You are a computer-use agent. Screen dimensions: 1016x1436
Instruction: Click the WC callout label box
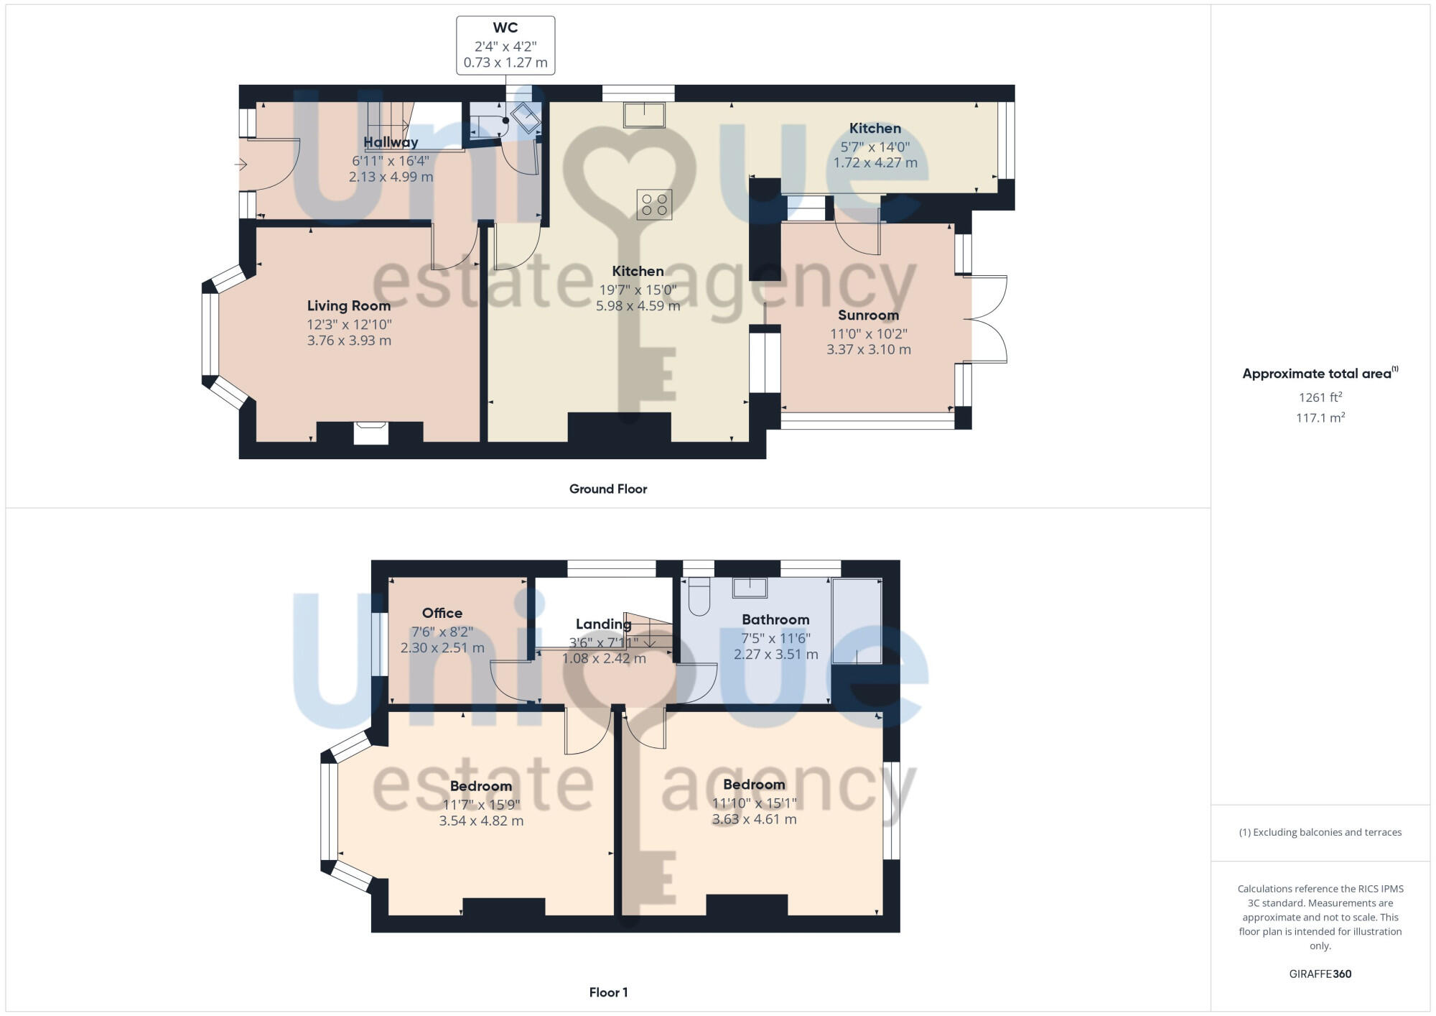(x=505, y=45)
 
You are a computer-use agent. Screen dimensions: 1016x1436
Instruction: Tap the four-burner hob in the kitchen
(x=653, y=204)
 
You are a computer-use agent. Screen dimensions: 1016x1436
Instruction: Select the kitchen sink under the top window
(x=644, y=114)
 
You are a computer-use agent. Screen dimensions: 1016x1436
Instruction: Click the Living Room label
(x=349, y=306)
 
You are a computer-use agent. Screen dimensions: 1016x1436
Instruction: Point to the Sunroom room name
(x=868, y=315)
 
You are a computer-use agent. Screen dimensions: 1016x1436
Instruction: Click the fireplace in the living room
(x=370, y=433)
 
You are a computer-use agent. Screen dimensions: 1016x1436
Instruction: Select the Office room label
(x=442, y=613)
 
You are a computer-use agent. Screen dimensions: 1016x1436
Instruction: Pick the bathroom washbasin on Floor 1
(x=750, y=588)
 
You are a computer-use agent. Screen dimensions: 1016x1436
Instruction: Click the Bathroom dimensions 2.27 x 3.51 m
(x=775, y=655)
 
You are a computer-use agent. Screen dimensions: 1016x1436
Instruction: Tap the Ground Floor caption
(x=608, y=489)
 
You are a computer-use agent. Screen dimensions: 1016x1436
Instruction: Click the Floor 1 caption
(x=608, y=992)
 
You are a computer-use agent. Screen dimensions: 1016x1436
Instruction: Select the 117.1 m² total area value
(x=1320, y=417)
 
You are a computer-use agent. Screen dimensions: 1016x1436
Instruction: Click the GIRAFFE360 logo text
(x=1320, y=974)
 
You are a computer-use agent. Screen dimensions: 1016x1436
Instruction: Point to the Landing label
(x=603, y=624)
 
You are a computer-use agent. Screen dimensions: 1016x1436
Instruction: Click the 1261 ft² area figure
(x=1320, y=397)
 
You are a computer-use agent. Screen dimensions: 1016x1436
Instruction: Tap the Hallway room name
(x=390, y=142)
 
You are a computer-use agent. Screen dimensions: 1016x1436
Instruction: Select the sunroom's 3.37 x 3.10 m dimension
(x=868, y=350)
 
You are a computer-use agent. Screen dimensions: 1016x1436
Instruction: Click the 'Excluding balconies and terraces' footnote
(x=1320, y=832)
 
